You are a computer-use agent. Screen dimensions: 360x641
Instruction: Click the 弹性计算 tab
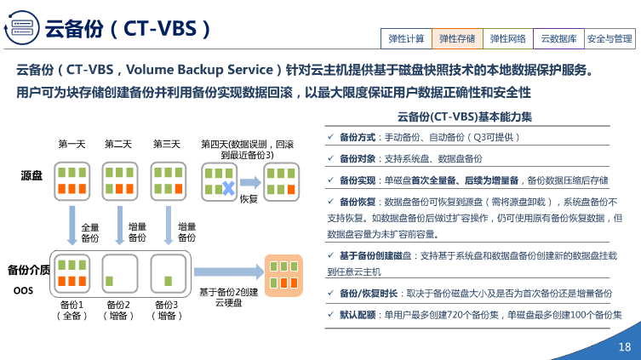click(x=406, y=38)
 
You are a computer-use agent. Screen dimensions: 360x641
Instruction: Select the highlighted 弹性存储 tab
click(x=457, y=38)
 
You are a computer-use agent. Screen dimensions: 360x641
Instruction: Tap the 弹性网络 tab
click(x=508, y=38)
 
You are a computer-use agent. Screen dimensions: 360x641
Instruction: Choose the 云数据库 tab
click(x=558, y=38)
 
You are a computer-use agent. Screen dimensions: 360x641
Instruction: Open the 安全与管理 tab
click(x=610, y=38)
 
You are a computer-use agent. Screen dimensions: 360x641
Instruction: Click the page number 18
click(x=624, y=346)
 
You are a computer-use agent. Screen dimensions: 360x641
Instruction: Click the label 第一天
click(x=72, y=144)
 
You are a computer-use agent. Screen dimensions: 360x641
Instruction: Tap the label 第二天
click(x=118, y=144)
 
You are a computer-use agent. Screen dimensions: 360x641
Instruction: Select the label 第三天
click(x=167, y=144)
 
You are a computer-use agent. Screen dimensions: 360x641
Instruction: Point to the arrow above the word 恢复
click(x=249, y=181)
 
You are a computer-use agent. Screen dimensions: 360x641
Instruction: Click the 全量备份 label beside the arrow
click(x=89, y=232)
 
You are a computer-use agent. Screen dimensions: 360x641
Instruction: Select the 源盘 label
click(x=31, y=175)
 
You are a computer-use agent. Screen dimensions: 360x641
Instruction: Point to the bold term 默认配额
click(x=358, y=314)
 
